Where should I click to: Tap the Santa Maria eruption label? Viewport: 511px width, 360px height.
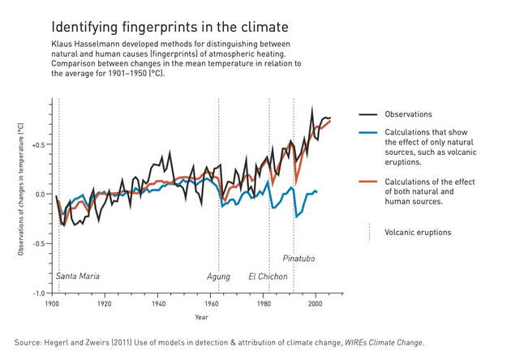coord(78,276)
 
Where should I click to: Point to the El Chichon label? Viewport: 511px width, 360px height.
coord(268,276)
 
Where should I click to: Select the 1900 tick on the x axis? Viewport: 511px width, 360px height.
coord(51,305)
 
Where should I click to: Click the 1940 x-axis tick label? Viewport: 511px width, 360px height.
coord(157,305)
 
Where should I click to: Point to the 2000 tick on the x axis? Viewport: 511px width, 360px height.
coord(316,305)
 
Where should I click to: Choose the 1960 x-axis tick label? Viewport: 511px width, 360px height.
coord(209,305)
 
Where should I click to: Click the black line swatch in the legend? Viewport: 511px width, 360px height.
coord(369,114)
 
